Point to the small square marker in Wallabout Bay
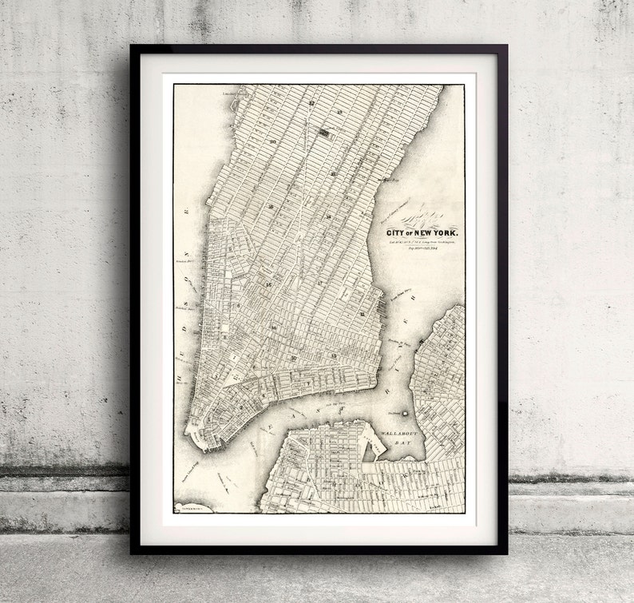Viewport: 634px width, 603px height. click(x=406, y=413)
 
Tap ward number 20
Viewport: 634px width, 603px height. click(x=273, y=141)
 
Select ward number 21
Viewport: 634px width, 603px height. click(x=331, y=173)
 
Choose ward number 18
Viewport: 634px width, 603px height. click(x=329, y=216)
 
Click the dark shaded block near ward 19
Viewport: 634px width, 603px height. click(x=324, y=132)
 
